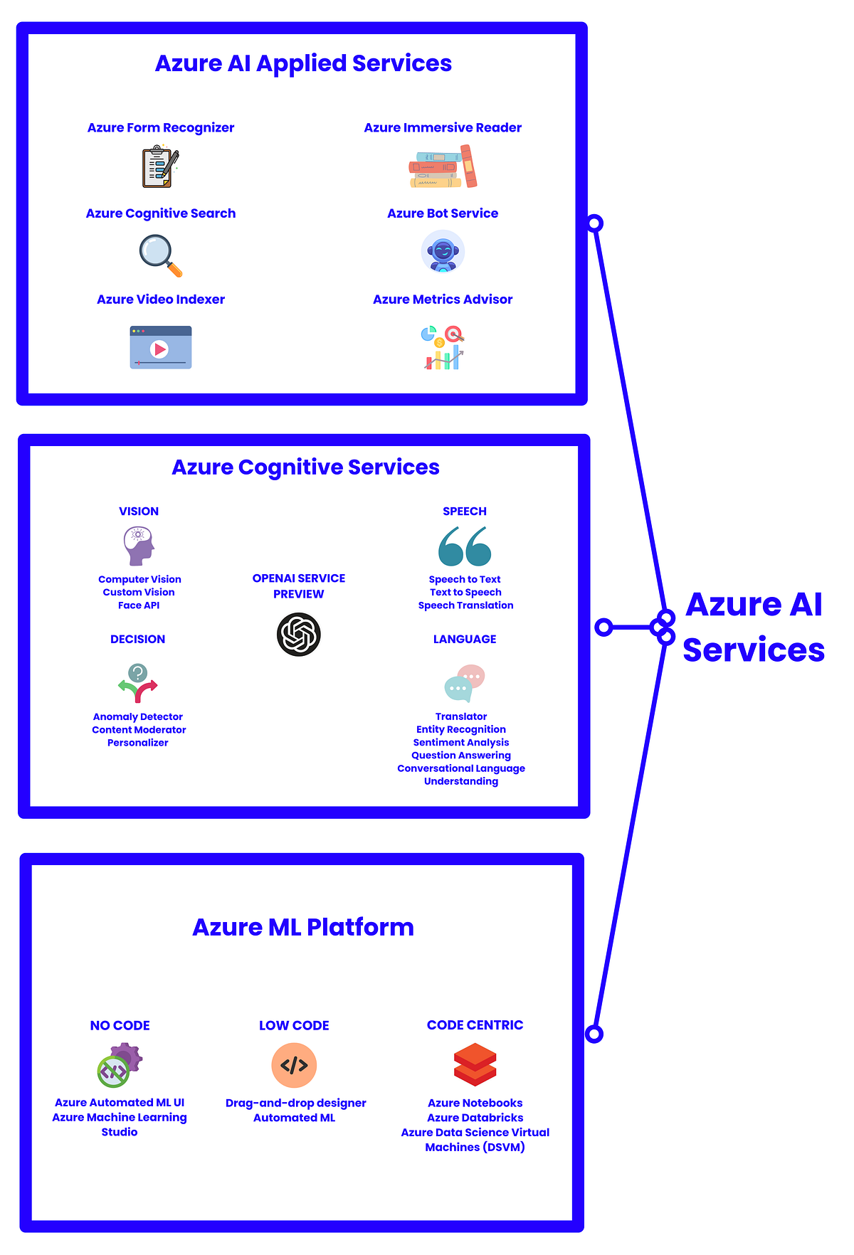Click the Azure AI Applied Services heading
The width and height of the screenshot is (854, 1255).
(x=303, y=63)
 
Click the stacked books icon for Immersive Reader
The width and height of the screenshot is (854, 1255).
(x=443, y=166)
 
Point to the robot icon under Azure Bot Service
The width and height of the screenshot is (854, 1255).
(x=443, y=253)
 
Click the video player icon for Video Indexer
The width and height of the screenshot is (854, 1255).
(x=160, y=347)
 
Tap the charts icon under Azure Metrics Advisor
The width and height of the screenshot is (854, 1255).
(x=443, y=347)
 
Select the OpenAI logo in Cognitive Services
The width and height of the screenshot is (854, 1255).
(x=298, y=634)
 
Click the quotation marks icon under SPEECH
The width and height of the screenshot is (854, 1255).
(x=465, y=546)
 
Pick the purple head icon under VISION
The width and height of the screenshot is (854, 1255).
(x=139, y=546)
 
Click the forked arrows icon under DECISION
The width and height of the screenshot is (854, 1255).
(x=137, y=683)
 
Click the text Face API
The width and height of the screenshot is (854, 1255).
(x=139, y=605)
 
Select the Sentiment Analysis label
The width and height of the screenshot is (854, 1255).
(x=461, y=742)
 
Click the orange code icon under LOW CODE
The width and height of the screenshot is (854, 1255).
(x=294, y=1065)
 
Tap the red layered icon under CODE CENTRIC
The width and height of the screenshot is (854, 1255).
(x=475, y=1065)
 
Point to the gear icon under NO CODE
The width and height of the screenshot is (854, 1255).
(x=120, y=1065)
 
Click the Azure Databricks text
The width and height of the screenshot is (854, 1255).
(x=475, y=1118)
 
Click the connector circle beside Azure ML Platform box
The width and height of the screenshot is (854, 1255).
(x=594, y=1034)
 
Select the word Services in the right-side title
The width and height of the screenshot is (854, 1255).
(x=754, y=650)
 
